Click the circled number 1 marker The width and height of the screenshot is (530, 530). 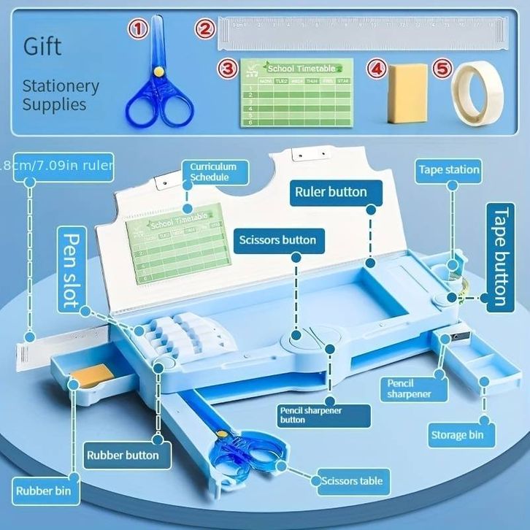[x=139, y=30]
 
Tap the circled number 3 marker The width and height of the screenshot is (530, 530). [x=228, y=69]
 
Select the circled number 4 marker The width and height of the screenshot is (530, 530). [x=376, y=69]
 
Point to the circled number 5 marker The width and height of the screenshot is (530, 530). [x=442, y=69]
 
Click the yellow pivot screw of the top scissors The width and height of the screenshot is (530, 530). [x=157, y=72]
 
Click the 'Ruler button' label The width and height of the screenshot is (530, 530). [x=331, y=193]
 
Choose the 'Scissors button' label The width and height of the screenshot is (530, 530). [x=278, y=239]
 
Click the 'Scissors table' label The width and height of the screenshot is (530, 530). [x=351, y=481]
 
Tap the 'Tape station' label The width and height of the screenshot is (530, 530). [x=449, y=170]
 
